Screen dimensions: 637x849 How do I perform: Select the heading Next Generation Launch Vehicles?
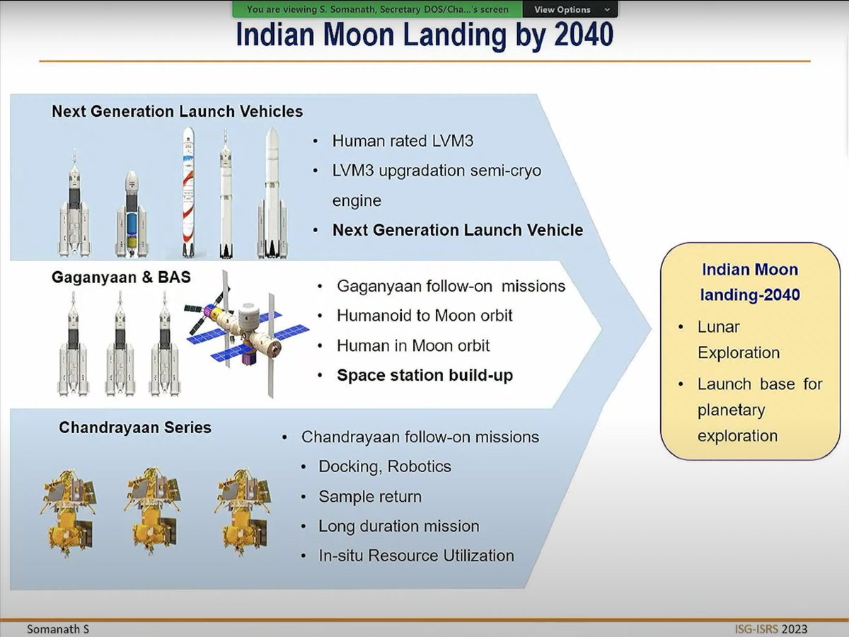[177, 111]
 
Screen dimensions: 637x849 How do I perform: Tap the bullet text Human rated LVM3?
[403, 141]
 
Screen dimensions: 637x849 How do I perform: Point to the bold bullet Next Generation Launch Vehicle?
[458, 230]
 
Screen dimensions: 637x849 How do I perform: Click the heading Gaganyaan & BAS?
[121, 277]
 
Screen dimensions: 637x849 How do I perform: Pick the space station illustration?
[248, 329]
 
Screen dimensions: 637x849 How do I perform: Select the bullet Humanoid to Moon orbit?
[424, 316]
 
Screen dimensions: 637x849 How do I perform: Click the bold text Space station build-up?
[424, 375]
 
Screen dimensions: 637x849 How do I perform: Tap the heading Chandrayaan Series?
[135, 427]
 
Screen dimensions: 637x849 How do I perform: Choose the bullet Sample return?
[370, 497]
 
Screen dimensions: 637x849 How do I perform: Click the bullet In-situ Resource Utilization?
[416, 556]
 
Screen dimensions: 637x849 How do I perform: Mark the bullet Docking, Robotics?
[385, 466]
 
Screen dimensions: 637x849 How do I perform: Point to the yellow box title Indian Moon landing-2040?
[749, 282]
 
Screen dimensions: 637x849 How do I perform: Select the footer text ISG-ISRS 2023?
[769, 629]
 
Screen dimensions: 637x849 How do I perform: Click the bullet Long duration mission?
[399, 527]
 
